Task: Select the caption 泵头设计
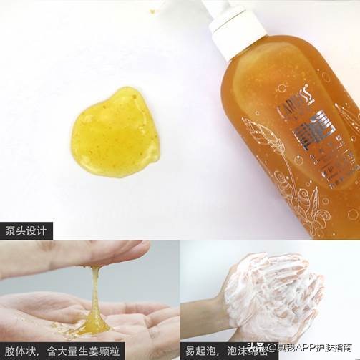tap(26, 230)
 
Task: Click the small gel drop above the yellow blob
tap(152, 11)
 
